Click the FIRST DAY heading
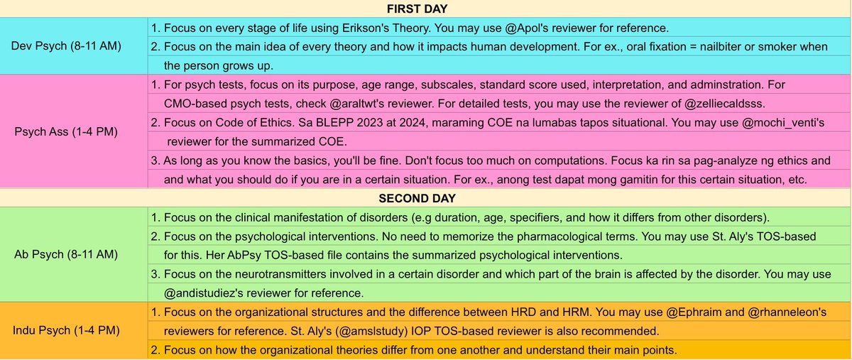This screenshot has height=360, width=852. point(426,9)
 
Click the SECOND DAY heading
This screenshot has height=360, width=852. point(426,197)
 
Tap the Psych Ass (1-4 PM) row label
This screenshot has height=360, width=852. point(71,131)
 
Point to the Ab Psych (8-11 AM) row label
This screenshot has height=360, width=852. point(71,253)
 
